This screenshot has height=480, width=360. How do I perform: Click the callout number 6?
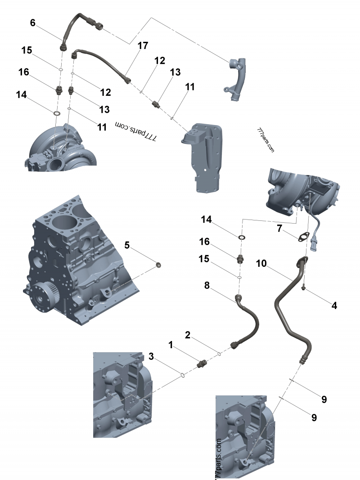(x=32, y=23)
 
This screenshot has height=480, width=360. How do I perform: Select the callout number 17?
(x=143, y=45)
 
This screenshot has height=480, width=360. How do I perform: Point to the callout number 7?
(x=279, y=229)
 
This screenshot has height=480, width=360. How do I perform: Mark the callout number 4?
(x=334, y=305)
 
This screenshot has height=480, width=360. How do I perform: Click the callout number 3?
(x=151, y=356)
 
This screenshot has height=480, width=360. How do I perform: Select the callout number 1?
(x=171, y=345)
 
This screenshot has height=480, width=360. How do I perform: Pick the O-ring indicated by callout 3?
(x=183, y=374)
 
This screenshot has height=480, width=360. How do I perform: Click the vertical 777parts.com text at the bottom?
(x=219, y=459)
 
